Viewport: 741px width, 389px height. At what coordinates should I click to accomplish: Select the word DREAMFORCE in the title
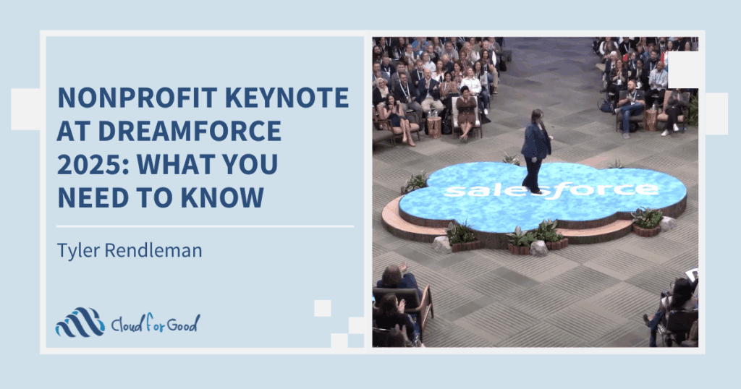[x=190, y=131]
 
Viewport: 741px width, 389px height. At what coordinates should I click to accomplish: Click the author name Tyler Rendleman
[x=130, y=249]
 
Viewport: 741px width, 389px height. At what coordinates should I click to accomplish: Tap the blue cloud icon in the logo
[x=80, y=322]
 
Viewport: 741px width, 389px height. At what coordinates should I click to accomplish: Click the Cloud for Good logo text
[x=156, y=323]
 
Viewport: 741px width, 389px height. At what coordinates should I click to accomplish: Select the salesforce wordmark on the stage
[x=551, y=190]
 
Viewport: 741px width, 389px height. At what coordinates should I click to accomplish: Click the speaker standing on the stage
[x=536, y=151]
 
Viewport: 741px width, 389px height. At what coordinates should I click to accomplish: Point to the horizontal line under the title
[x=205, y=226]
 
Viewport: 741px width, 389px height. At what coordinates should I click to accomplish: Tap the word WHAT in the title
[x=175, y=164]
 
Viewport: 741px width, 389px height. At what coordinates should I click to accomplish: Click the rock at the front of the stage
[x=538, y=248]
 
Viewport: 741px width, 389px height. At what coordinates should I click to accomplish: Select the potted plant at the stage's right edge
[x=647, y=221]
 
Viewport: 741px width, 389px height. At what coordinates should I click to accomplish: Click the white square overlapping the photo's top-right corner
[x=687, y=70]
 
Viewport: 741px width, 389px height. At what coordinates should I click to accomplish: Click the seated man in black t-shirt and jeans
[x=630, y=106]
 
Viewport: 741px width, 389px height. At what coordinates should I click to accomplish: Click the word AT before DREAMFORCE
[x=73, y=131]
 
